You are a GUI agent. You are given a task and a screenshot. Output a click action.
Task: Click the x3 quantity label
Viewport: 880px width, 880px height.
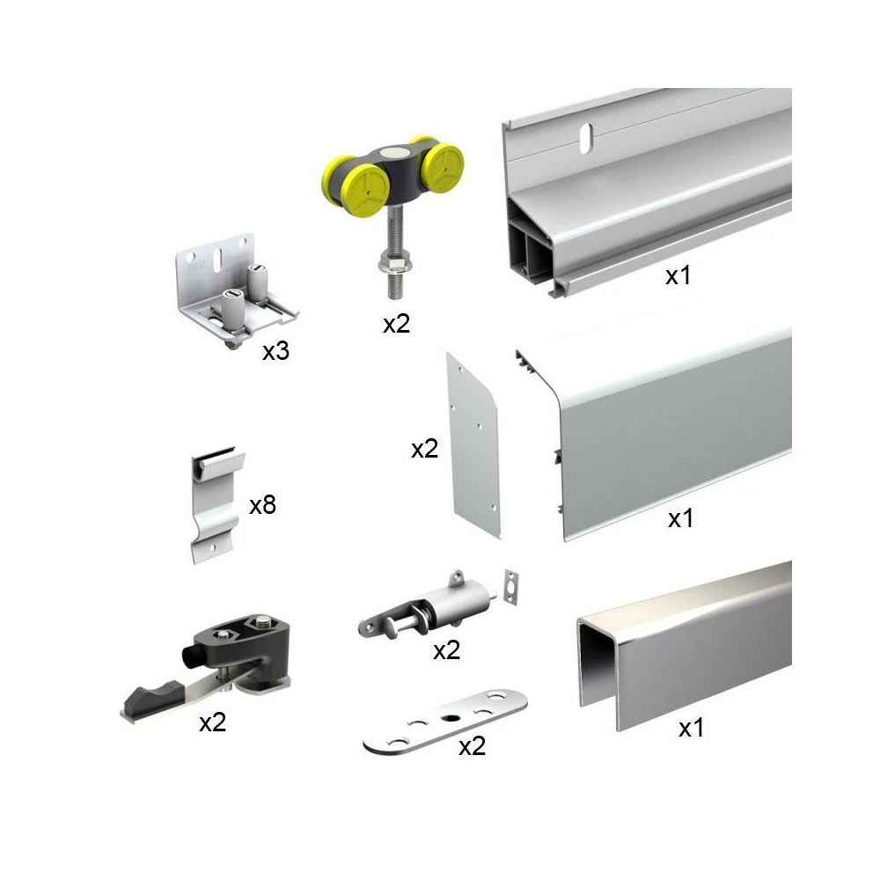click(275, 351)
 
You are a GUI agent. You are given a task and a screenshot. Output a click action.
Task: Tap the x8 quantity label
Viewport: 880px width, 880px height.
click(262, 505)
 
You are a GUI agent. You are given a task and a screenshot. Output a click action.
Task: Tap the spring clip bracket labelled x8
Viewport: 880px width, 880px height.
click(217, 502)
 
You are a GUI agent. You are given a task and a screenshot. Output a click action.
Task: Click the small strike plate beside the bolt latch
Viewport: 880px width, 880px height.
click(510, 586)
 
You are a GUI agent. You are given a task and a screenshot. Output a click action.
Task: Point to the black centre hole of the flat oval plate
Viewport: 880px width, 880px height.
click(450, 718)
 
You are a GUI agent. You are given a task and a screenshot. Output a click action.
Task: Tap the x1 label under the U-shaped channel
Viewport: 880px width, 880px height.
click(691, 728)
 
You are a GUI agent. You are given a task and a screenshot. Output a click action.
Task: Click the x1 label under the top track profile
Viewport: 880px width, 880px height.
click(678, 275)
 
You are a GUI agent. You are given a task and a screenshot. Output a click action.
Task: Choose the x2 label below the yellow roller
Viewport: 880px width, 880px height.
click(397, 324)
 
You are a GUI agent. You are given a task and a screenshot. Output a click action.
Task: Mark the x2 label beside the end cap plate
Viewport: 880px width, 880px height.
click(425, 449)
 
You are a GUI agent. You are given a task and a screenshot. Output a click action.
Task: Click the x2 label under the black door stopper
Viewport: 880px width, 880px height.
click(213, 722)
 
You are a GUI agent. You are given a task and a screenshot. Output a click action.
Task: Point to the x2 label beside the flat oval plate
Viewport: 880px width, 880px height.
click(472, 746)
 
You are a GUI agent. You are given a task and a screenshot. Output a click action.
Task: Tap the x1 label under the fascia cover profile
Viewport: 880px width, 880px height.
click(681, 518)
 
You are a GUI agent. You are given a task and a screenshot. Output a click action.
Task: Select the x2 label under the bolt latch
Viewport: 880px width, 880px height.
click(447, 650)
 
